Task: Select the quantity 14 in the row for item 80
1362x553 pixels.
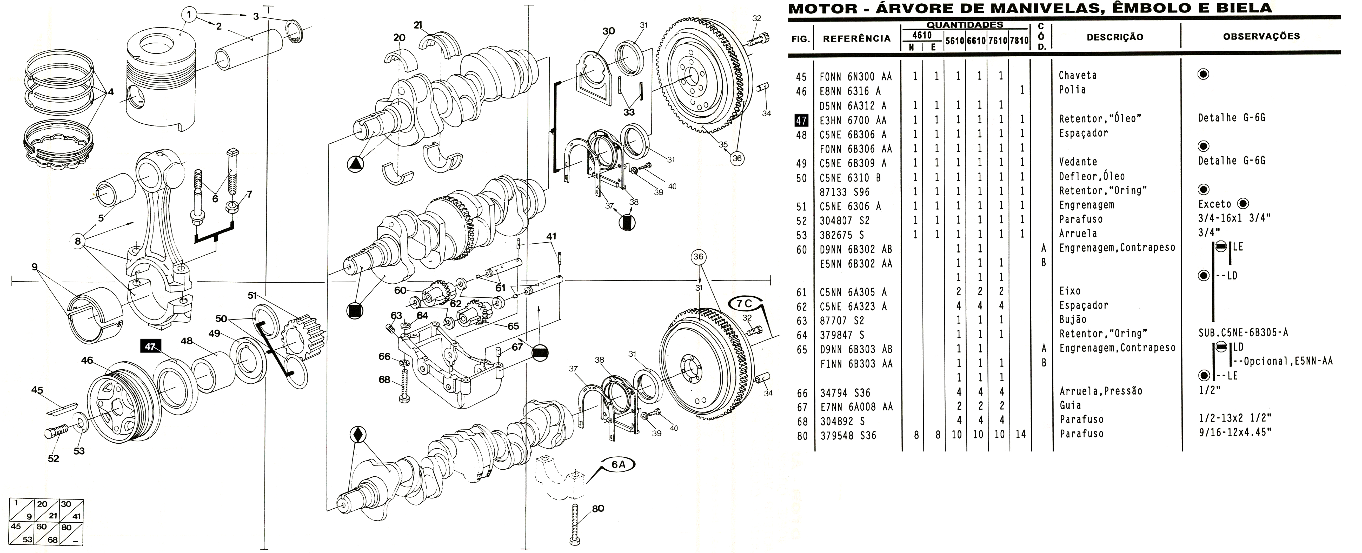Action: click(x=1020, y=434)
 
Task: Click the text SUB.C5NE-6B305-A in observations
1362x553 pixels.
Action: click(x=1243, y=332)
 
